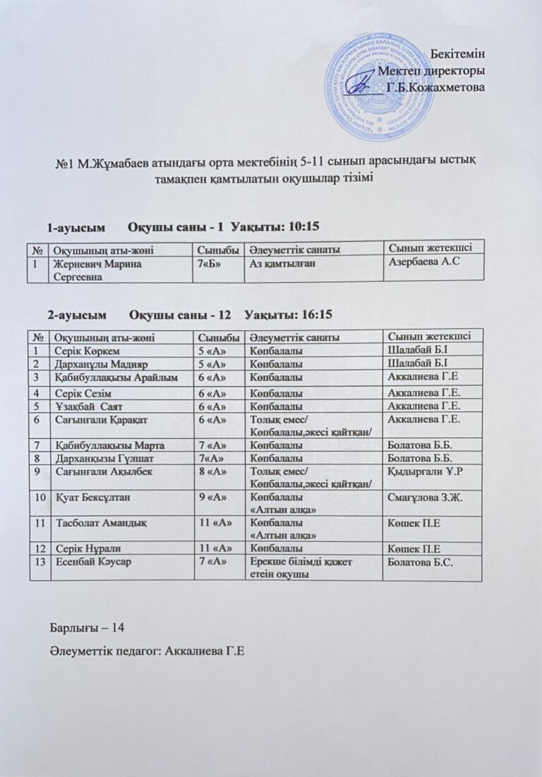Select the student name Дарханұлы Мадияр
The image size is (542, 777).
[x=95, y=363]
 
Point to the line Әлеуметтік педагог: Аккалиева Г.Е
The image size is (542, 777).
[x=147, y=650]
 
